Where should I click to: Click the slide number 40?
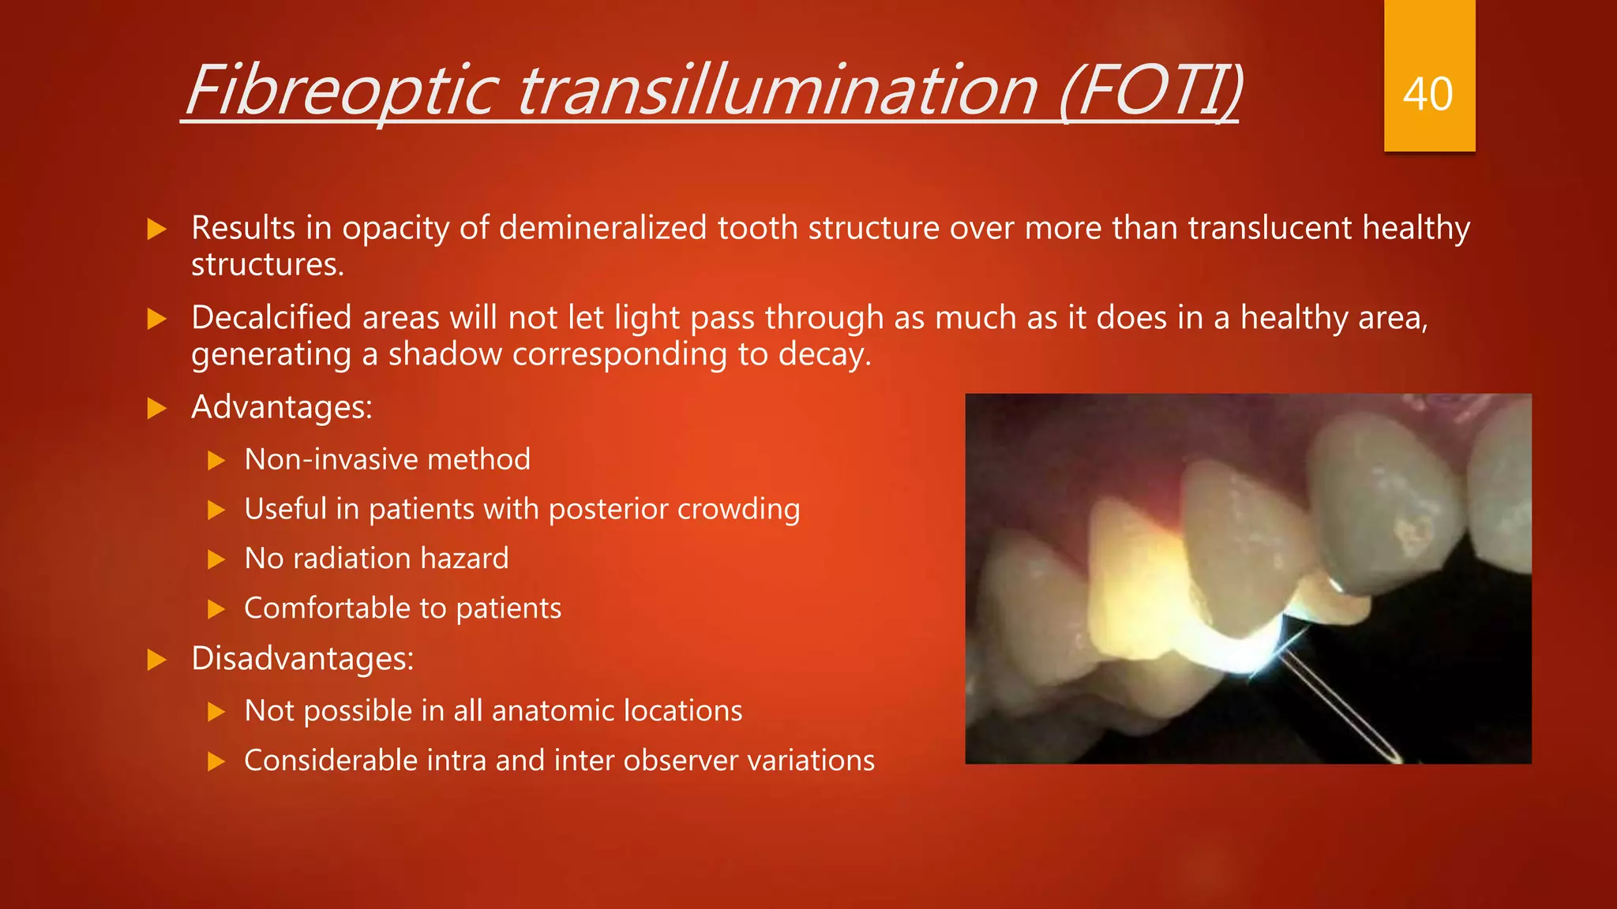[1428, 95]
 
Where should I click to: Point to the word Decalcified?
[271, 318]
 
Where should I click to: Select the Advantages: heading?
[281, 408]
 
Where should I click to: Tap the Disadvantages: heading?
[302, 659]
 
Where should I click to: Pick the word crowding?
[739, 510]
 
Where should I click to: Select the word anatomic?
[551, 711]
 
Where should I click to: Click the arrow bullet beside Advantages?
[157, 409]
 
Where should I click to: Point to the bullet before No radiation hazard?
[216, 559]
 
